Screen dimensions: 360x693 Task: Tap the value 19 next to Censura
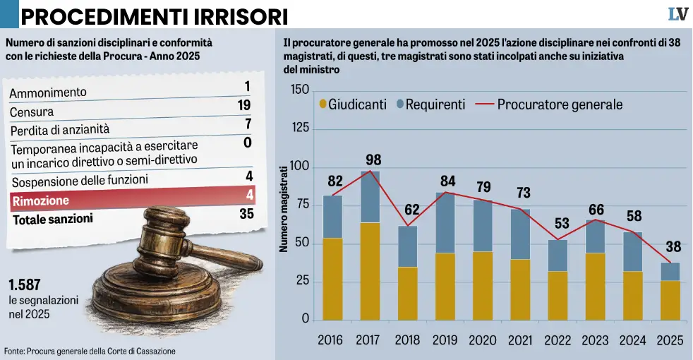[x=245, y=106]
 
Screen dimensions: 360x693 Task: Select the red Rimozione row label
[x=40, y=201]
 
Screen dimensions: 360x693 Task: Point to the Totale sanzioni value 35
[x=246, y=213]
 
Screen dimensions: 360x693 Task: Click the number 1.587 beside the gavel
[x=25, y=286]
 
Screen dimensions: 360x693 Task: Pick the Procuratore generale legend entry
[x=550, y=104]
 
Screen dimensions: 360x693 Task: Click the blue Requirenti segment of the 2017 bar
[x=370, y=197]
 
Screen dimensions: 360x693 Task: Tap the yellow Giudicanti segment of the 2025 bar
[x=670, y=300]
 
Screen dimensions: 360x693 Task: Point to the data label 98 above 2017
[x=374, y=160]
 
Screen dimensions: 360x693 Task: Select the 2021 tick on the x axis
[x=519, y=340]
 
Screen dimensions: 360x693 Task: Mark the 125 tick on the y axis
[x=300, y=129]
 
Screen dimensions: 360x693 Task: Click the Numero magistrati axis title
[x=284, y=209]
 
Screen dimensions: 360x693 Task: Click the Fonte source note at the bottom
[x=90, y=351]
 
